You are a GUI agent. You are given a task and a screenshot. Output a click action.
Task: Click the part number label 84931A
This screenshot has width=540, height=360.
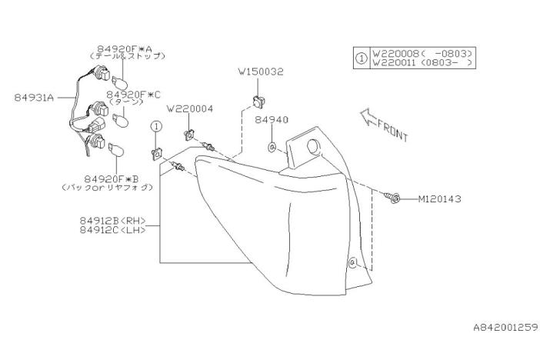coord(33,98)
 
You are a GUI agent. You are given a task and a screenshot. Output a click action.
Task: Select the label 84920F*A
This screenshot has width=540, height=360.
coord(125,48)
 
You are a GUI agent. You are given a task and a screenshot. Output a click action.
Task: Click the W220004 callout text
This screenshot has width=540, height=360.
coord(189,108)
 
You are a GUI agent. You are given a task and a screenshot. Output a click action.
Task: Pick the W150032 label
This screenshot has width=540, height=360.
coord(261,72)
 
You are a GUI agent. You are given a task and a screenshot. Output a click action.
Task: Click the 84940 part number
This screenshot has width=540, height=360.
coord(272,120)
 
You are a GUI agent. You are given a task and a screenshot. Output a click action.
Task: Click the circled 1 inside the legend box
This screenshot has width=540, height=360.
coord(362,58)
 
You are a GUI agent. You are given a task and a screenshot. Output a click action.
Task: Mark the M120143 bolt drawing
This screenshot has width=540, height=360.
coord(392,198)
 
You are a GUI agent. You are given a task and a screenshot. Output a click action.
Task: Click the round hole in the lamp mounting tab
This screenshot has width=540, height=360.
coord(312,147)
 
